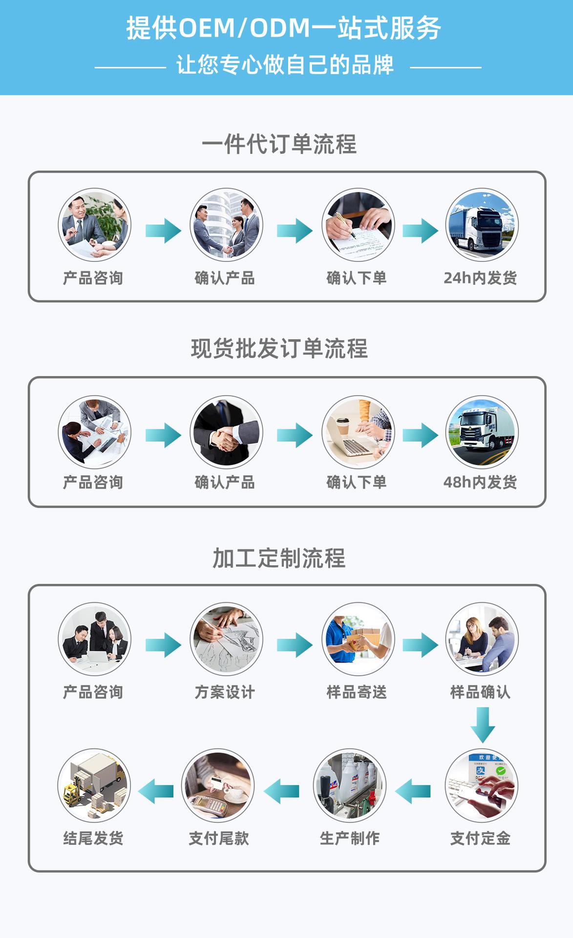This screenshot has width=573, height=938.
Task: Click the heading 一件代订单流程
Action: point(279,144)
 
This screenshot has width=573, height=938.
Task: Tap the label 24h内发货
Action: point(480,278)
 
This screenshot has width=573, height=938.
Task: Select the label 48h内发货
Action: point(480,482)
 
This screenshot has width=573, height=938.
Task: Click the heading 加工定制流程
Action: point(279,558)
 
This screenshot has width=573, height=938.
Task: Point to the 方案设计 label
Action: point(225,692)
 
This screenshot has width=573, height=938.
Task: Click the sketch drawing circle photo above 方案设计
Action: point(226,639)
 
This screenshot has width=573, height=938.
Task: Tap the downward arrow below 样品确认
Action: point(483,725)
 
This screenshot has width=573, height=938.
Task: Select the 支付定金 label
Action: point(480,838)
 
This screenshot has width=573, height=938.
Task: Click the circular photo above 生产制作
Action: point(350,785)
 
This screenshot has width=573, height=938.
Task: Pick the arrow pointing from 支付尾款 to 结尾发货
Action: point(156,791)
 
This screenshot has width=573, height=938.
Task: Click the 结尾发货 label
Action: point(93,838)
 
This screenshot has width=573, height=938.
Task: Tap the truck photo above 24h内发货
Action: point(482,225)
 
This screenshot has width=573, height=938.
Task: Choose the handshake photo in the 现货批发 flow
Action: point(226,432)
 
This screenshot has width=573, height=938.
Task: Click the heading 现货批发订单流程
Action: point(279,348)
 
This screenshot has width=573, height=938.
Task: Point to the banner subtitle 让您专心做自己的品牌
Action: point(285,65)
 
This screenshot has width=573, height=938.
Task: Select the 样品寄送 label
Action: point(357,692)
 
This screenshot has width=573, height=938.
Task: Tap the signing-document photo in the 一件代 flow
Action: point(358,225)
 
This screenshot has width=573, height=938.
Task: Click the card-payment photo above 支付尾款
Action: point(218,785)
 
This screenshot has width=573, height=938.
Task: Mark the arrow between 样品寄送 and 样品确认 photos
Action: point(420,645)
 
